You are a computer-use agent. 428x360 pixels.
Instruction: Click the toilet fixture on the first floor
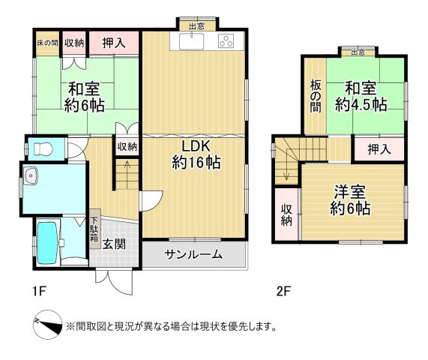tap(42, 147)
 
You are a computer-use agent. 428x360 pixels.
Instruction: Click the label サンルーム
tap(193, 254)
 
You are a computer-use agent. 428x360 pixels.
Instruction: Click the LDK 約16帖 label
tap(196, 153)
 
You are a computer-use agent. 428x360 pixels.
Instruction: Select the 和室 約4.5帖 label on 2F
tap(360, 97)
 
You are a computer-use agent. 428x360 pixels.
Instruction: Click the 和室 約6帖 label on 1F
tap(83, 96)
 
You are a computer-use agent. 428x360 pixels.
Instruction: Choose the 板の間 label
tap(316, 96)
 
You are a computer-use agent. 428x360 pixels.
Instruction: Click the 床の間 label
tap(46, 43)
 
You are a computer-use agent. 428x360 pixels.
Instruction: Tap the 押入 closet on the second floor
tap(379, 149)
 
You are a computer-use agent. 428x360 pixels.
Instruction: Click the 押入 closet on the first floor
tap(115, 43)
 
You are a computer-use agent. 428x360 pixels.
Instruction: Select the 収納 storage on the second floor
tap(286, 214)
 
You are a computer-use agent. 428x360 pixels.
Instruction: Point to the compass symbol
tap(46, 325)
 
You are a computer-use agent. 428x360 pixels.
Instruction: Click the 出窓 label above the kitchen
tap(197, 26)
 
